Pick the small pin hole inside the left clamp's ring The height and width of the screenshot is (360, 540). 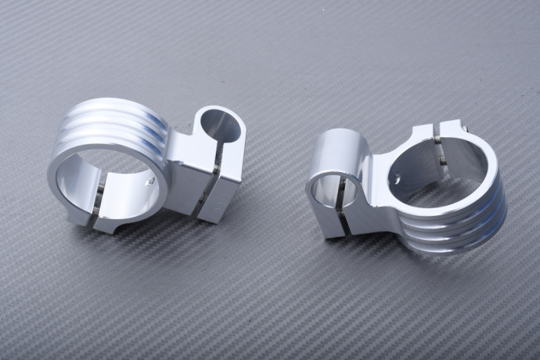pyautogui.click(x=150, y=181)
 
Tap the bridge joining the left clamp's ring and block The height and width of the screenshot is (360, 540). pyautogui.click(x=182, y=160)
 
